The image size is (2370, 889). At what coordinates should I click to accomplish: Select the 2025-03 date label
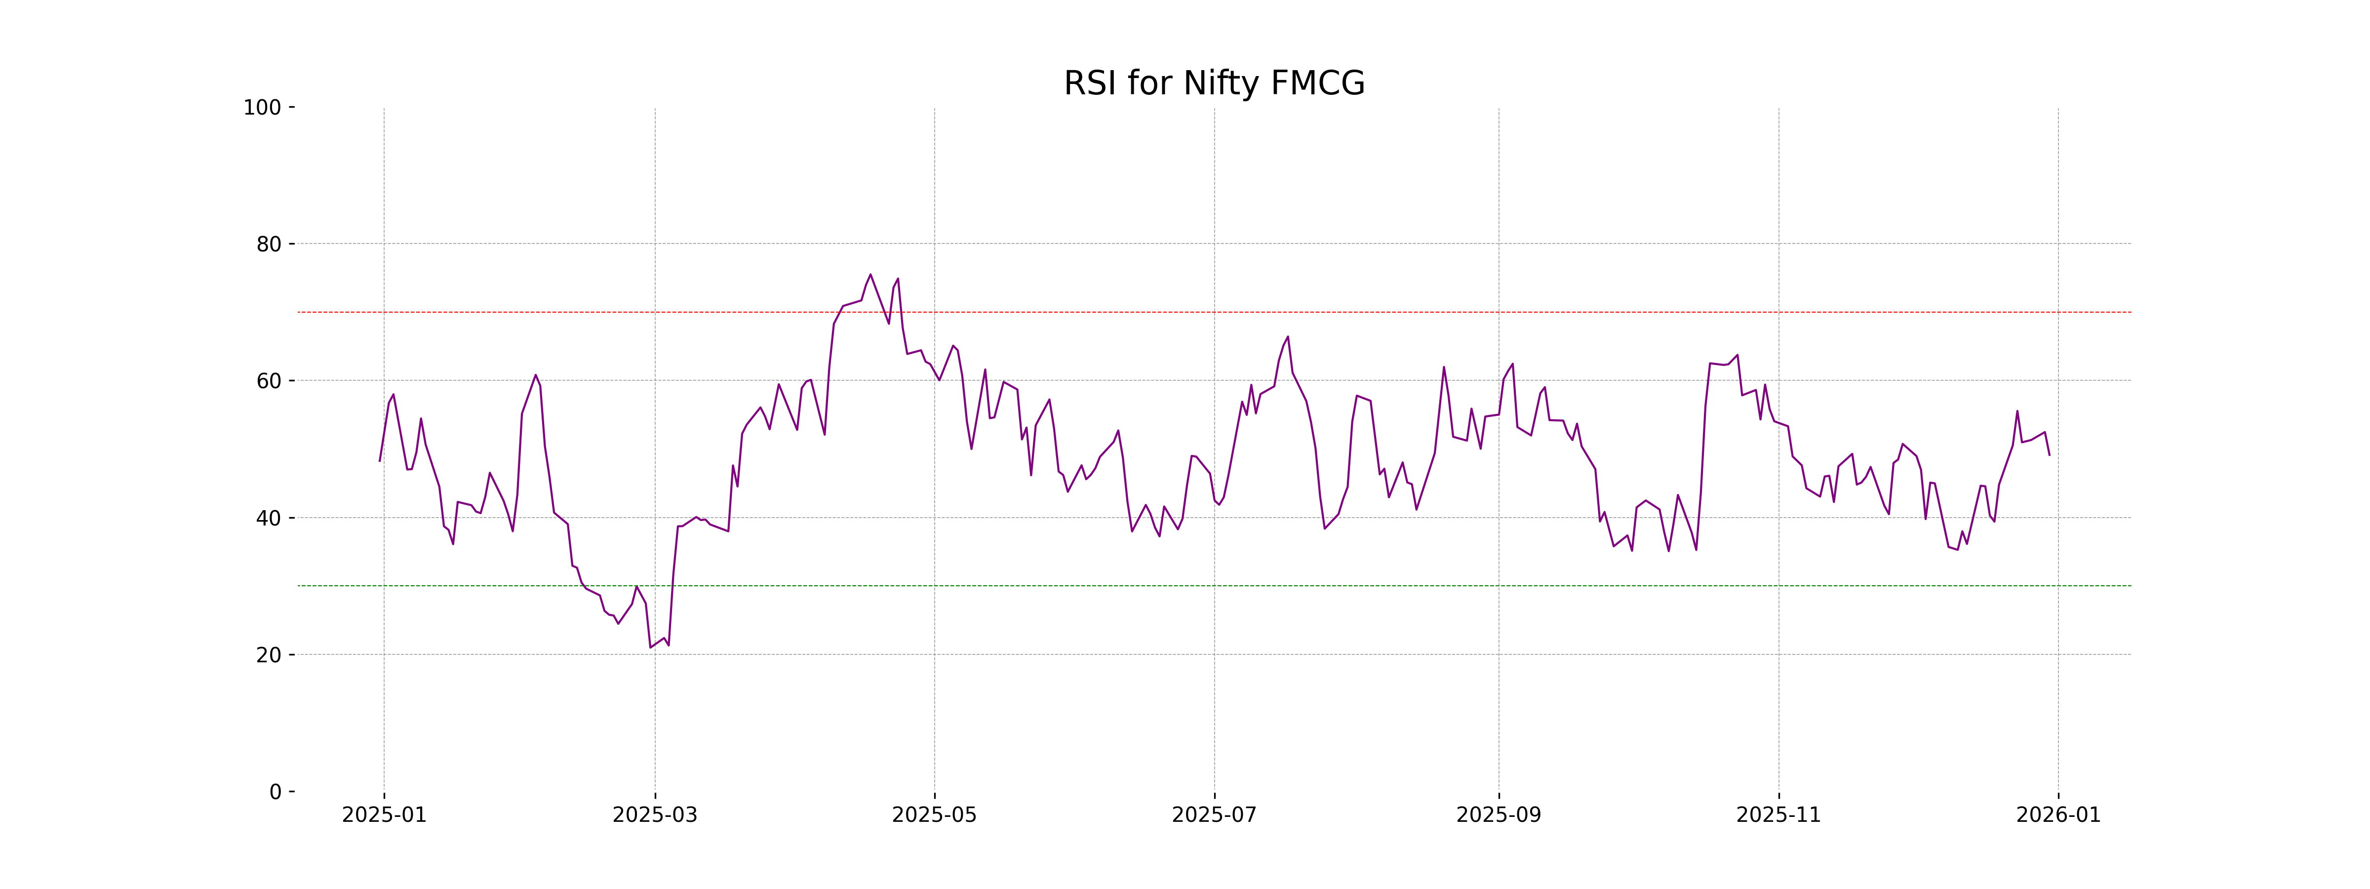(655, 815)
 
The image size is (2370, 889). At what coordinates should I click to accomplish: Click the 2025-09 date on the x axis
(1498, 815)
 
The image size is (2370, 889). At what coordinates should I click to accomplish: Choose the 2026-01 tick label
(2058, 815)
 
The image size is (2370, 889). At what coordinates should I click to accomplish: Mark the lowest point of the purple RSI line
(650, 647)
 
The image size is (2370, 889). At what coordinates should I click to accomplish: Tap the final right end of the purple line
(2049, 454)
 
